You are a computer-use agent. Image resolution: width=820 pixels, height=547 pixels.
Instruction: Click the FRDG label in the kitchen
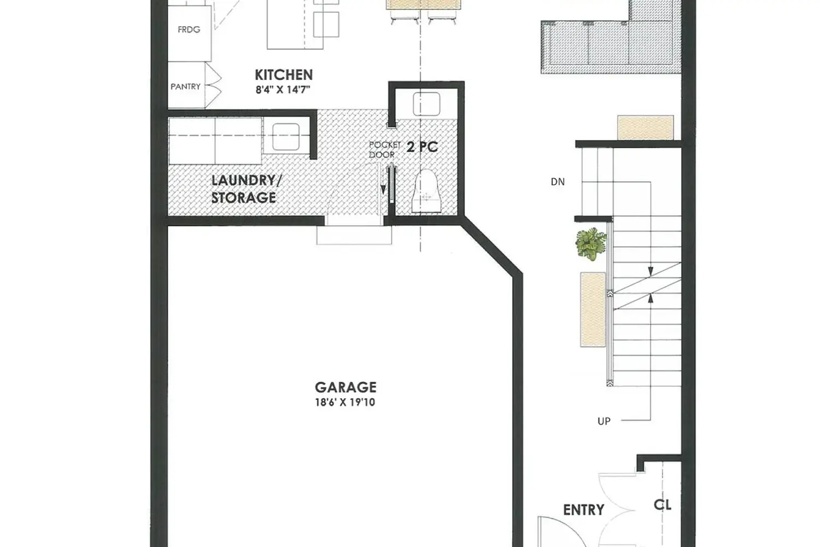pyautogui.click(x=189, y=30)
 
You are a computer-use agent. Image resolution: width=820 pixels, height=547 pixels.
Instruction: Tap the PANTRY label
pyautogui.click(x=185, y=86)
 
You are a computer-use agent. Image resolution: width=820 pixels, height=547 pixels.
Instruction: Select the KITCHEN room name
pyautogui.click(x=284, y=75)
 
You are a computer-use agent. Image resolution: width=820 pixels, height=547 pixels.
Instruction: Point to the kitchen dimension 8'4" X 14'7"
pyautogui.click(x=283, y=90)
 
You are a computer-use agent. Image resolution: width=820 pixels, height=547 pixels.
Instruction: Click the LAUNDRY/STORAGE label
pyautogui.click(x=243, y=189)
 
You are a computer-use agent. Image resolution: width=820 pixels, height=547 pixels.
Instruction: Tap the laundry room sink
pyautogui.click(x=285, y=137)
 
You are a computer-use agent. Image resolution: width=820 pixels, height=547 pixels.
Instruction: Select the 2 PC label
pyautogui.click(x=422, y=147)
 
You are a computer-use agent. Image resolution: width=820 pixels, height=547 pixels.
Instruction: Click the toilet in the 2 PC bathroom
pyautogui.click(x=427, y=191)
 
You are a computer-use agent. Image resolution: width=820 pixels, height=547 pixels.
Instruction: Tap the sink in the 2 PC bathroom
pyautogui.click(x=426, y=104)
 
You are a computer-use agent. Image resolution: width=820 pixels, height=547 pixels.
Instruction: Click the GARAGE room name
pyautogui.click(x=345, y=387)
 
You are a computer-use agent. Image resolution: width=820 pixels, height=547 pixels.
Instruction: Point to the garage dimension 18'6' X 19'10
pyautogui.click(x=345, y=403)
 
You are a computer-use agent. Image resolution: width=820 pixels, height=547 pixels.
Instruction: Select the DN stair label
pyautogui.click(x=558, y=182)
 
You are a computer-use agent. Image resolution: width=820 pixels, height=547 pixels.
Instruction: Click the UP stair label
pyautogui.click(x=604, y=421)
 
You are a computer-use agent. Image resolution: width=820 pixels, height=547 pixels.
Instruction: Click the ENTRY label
pyautogui.click(x=583, y=510)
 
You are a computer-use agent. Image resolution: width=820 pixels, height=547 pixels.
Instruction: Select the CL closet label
pyautogui.click(x=663, y=504)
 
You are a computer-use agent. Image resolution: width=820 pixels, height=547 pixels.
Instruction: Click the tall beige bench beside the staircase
pyautogui.click(x=593, y=310)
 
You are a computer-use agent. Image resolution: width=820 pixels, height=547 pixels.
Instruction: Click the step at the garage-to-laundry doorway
pyautogui.click(x=354, y=235)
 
